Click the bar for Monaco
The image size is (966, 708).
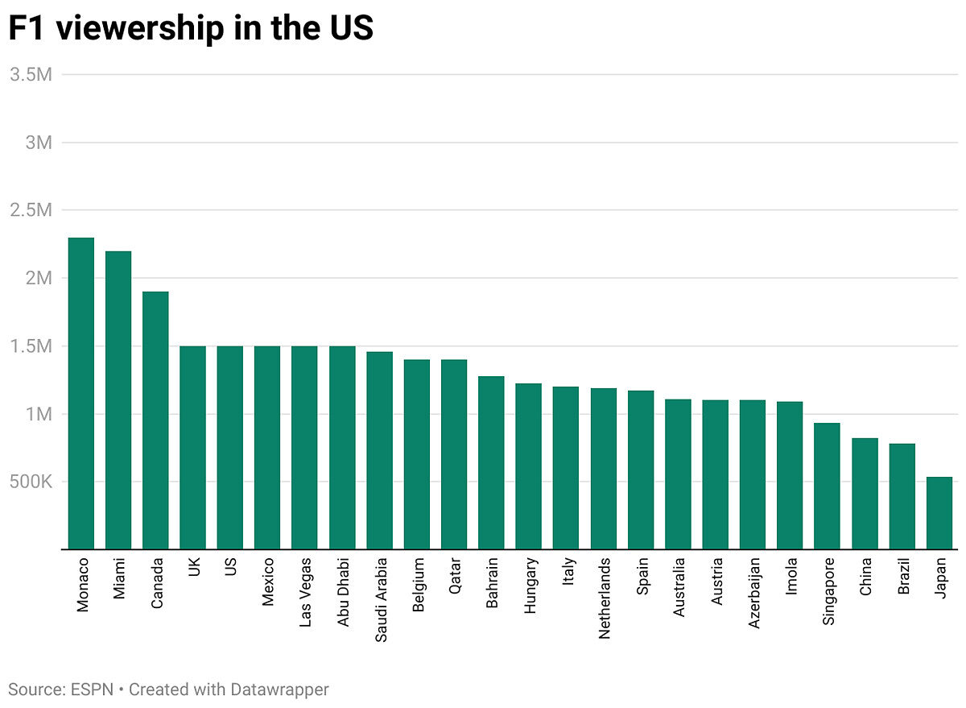coord(81,394)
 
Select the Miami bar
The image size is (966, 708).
coord(118,400)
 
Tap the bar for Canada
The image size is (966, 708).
coord(155,420)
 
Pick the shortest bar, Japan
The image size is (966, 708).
coord(939,513)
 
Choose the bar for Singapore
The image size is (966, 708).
coord(828,486)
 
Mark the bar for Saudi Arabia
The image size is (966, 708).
coord(379,451)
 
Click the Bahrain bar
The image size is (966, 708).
coord(491,463)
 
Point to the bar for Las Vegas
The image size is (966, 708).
coord(304,448)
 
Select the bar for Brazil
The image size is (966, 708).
coord(902,497)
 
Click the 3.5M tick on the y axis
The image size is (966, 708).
coord(31,75)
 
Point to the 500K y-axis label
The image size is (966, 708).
coord(31,482)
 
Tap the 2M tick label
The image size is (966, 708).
coord(39,278)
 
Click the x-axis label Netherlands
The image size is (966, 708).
coord(605,598)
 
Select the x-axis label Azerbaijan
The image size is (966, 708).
coord(753,594)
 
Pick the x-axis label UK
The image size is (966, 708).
coord(194,567)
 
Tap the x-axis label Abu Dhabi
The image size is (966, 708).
coord(343,592)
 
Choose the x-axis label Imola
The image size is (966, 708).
coord(791,577)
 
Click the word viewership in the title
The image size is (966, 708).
coord(140,28)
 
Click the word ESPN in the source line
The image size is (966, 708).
coord(92,689)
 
